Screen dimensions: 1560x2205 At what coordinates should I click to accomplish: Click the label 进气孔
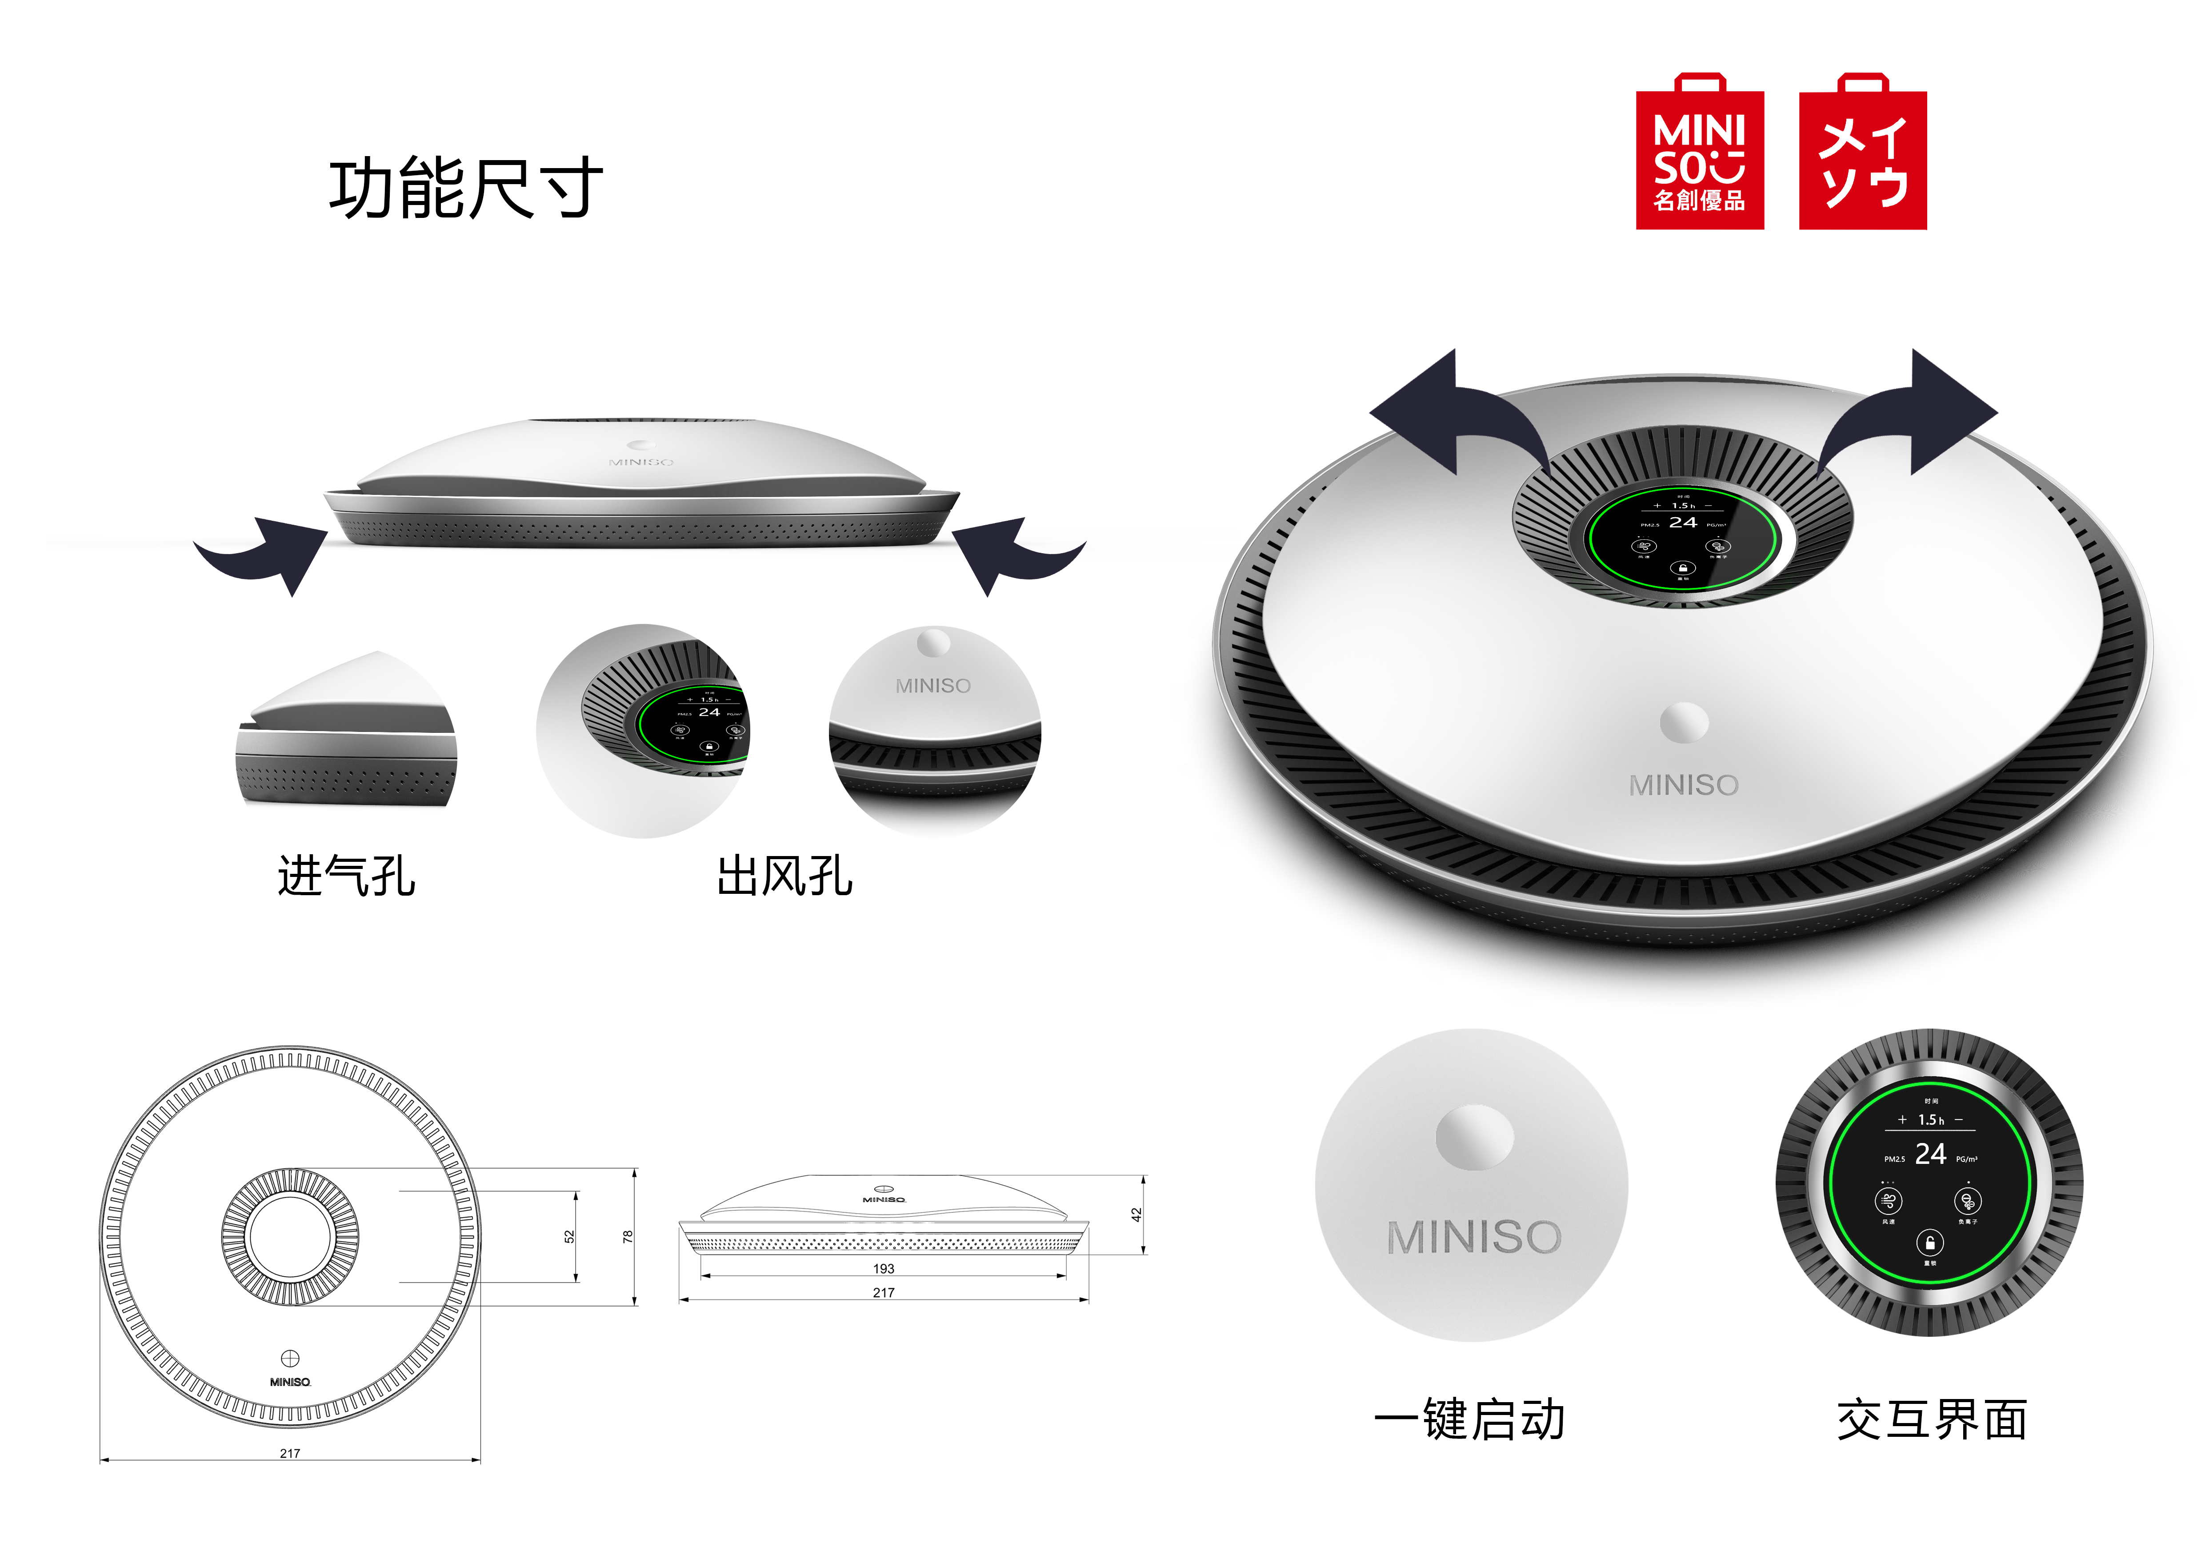tap(346, 876)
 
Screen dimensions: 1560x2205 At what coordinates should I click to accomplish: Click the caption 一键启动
tap(1469, 1420)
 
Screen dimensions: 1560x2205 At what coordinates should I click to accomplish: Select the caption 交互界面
tap(1932, 1420)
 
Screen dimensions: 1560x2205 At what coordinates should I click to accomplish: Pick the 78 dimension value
tap(628, 1236)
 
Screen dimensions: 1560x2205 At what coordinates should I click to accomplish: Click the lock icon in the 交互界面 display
tap(1930, 1243)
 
